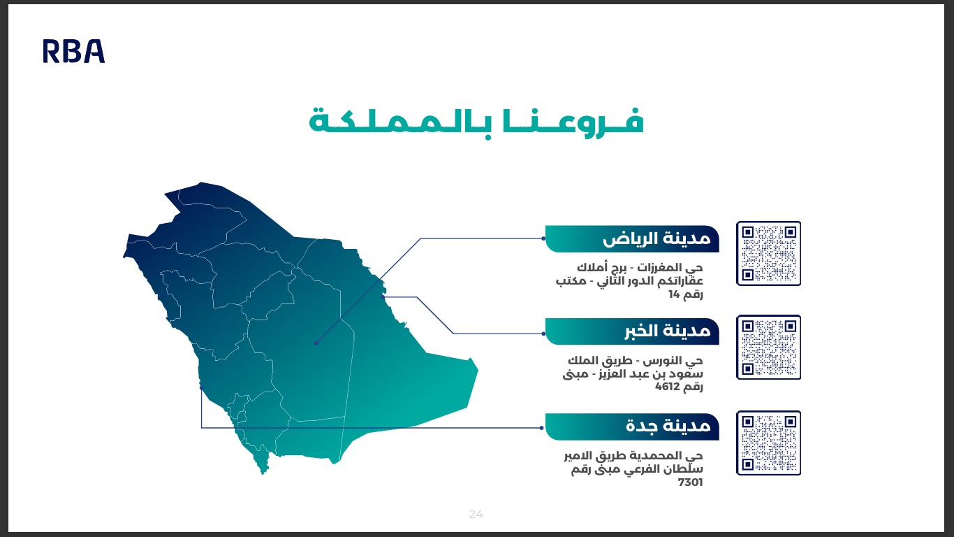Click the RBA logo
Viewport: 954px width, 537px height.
coord(73,52)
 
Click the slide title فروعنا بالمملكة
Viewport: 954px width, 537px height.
coord(476,120)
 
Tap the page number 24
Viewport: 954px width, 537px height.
coord(476,515)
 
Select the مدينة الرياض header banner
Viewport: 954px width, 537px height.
coord(632,239)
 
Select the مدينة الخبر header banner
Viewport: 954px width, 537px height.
coord(632,331)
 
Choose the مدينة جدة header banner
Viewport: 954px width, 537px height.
coord(632,427)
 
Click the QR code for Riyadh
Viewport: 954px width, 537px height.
coord(768,253)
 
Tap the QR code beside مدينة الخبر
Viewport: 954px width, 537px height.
coord(768,348)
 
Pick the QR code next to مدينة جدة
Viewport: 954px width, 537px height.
coord(768,443)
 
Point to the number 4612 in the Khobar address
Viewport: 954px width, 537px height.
coord(668,387)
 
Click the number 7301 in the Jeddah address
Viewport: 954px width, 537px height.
coord(690,482)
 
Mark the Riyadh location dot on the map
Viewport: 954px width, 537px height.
coord(316,343)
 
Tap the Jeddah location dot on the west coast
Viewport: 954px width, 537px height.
coord(201,386)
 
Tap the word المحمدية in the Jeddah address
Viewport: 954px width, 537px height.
coord(660,457)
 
